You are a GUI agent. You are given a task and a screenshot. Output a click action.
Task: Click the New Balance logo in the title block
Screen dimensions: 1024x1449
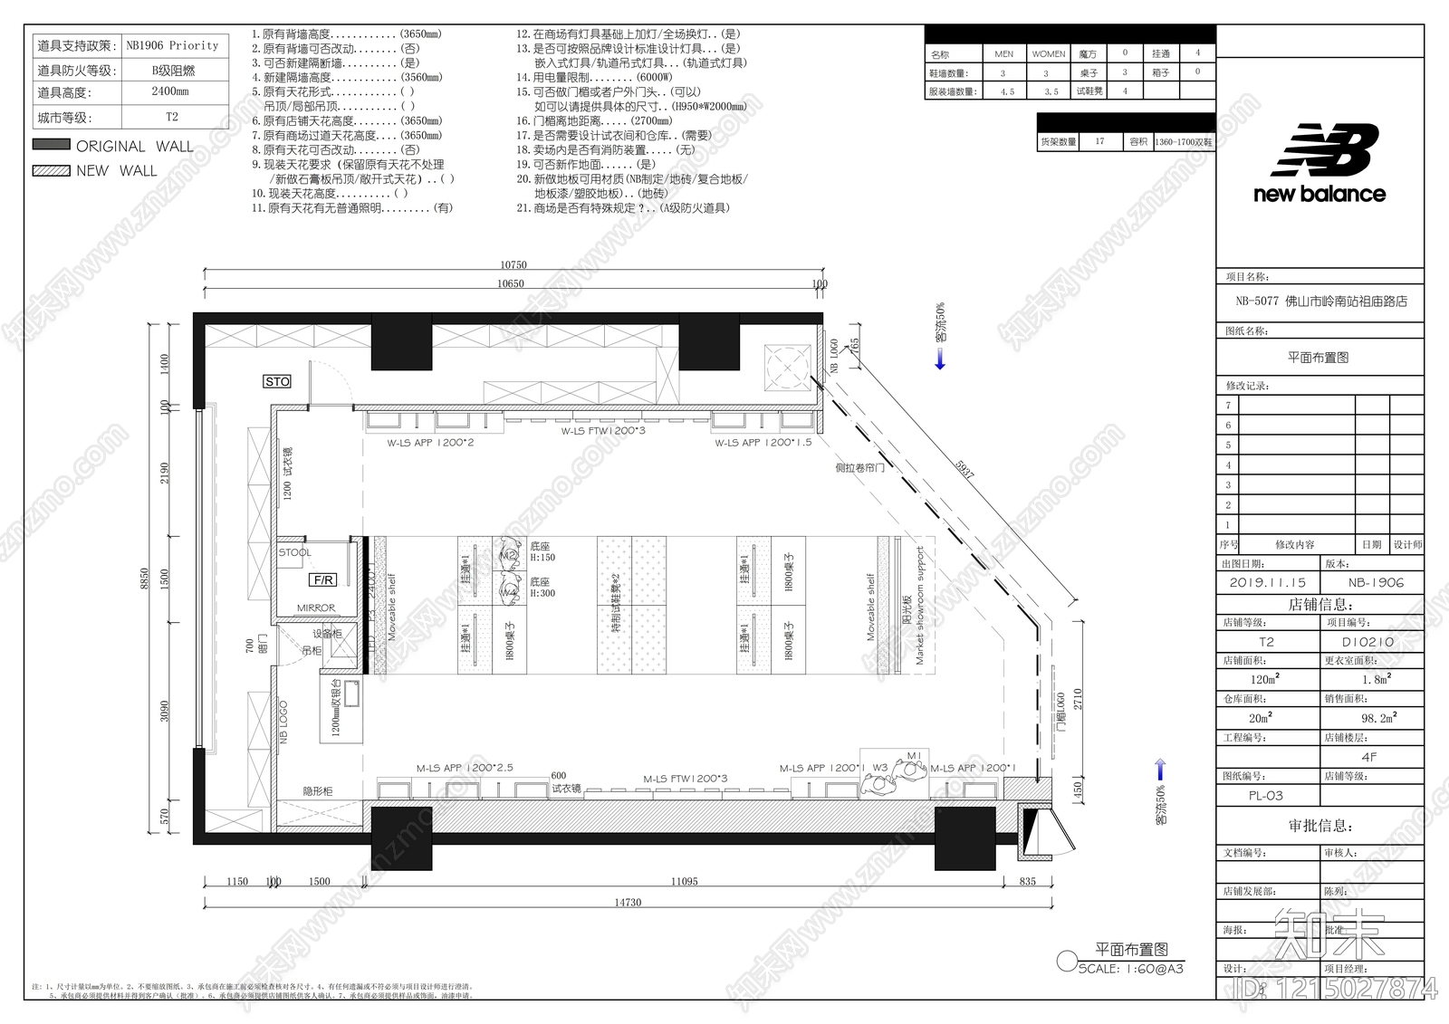1319,164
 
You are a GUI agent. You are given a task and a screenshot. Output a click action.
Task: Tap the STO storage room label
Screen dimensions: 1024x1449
277,381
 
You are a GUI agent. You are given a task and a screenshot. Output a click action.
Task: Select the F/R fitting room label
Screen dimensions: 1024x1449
322,579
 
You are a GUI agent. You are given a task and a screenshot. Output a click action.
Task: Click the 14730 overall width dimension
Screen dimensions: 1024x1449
628,903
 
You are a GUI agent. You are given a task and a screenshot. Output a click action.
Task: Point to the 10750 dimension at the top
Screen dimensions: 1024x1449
513,265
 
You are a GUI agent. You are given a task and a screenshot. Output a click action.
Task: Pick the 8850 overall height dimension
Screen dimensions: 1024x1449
144,579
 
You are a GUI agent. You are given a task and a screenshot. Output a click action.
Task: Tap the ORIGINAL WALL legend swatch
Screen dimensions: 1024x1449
52,145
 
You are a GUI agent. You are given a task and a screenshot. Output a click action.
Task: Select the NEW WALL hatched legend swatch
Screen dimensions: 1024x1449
52,170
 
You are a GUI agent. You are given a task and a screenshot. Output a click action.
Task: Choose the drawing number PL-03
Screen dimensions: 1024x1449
1265,796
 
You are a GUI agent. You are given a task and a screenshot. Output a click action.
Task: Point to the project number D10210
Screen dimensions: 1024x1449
1367,642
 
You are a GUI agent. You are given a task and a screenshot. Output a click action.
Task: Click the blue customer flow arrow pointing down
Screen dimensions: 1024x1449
940,360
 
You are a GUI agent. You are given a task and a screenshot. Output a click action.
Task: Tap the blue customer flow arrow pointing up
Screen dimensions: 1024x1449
1160,770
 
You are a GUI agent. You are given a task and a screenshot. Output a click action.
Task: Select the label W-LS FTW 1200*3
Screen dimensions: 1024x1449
603,431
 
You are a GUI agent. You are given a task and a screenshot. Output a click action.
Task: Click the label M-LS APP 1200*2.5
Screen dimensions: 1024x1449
465,768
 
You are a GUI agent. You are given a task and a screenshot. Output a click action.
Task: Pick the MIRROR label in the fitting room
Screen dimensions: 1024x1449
315,608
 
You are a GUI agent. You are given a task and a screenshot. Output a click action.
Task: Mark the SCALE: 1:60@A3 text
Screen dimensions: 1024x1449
1130,969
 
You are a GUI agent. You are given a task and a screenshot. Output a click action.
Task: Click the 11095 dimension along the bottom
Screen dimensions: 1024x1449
684,881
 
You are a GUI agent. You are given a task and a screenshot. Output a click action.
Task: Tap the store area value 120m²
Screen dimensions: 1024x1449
1265,679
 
